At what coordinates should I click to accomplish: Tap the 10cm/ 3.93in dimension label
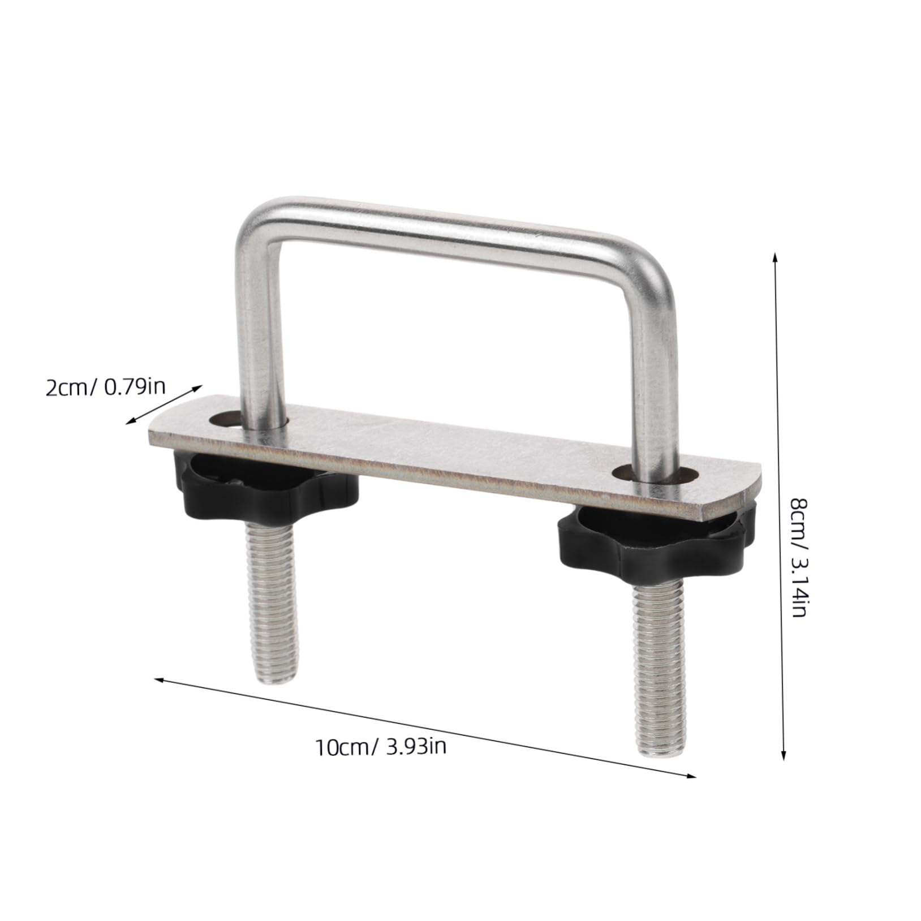[x=381, y=747]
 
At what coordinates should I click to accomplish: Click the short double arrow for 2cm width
[x=163, y=404]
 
